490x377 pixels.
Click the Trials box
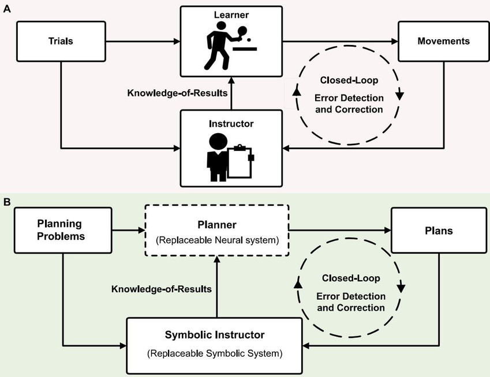tap(61, 41)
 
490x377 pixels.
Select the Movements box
tap(444, 41)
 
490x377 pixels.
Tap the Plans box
tap(439, 231)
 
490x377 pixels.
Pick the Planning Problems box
tap(63, 231)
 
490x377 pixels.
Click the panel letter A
tap(7, 9)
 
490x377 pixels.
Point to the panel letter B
tap(7, 202)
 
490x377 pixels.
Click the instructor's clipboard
tap(240, 161)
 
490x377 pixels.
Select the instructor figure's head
tap(218, 142)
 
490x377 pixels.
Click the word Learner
tap(231, 14)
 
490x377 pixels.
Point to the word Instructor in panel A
tap(231, 124)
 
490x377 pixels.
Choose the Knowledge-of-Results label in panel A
tap(177, 93)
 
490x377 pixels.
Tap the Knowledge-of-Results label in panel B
tap(162, 289)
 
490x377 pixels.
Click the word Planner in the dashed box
tap(217, 225)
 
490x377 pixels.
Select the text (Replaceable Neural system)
tap(217, 240)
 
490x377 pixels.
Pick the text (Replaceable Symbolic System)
tap(215, 353)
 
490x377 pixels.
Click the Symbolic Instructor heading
tap(215, 335)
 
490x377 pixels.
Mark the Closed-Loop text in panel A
tap(349, 80)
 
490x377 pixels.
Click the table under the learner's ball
tap(245, 49)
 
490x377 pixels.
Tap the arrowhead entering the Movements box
tap(395, 41)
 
